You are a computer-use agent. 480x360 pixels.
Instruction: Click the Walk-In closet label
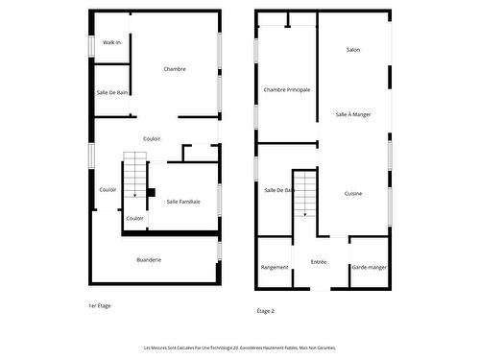pos(112,43)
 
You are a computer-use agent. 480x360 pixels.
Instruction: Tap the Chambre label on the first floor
pos(175,68)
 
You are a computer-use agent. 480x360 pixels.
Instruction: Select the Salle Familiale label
pos(183,201)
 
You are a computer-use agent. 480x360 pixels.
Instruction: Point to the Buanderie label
pos(149,259)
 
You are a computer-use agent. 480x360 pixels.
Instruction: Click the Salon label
pos(353,49)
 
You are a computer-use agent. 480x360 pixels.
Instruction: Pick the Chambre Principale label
pos(287,89)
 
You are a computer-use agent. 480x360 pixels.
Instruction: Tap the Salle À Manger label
pos(353,114)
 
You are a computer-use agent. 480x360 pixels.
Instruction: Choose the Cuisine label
pos(353,193)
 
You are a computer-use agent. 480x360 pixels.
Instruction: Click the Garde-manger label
pos(369,267)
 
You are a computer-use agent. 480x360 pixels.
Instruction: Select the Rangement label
pos(275,267)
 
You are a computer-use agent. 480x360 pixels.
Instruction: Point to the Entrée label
pos(319,261)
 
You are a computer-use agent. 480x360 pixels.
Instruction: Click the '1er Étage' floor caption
pos(100,304)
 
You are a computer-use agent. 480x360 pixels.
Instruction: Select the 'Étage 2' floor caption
pos(266,311)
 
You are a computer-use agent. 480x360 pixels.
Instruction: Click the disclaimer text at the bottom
pos(240,348)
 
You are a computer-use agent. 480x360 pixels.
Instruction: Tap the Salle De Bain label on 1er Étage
pos(113,92)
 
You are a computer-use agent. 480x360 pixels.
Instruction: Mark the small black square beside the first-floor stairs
pos(151,191)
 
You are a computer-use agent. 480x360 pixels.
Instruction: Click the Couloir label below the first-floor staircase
pos(135,218)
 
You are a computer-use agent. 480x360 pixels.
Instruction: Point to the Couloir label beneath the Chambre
pos(152,138)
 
